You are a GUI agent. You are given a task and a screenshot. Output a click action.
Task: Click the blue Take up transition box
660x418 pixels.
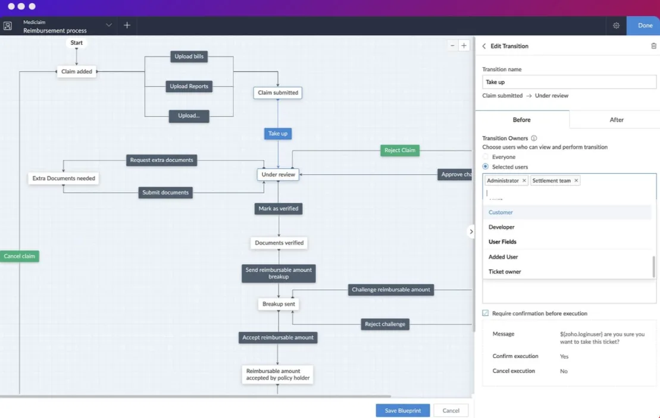pos(278,134)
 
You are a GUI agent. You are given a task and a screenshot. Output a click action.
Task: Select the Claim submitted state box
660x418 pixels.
pos(278,93)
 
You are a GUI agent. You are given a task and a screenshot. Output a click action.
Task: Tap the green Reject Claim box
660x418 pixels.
pos(400,150)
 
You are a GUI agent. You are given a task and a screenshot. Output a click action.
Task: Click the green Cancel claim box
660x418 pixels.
pos(20,256)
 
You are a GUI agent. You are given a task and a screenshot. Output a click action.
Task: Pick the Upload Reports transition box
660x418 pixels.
pos(189,86)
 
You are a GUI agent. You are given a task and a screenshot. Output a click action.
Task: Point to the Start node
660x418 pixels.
pos(77,42)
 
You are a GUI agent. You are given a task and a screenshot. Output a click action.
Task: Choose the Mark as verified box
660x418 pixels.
pos(279,209)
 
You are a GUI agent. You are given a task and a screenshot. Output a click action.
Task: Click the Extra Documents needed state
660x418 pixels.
pos(64,178)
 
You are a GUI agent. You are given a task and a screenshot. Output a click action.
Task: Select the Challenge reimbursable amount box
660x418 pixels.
pos(391,290)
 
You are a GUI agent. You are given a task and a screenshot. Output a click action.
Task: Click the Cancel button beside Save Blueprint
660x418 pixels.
pos(451,410)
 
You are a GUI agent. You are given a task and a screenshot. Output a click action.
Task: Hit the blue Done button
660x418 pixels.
pos(645,26)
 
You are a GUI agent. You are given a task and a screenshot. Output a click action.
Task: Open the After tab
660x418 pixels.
pos(616,120)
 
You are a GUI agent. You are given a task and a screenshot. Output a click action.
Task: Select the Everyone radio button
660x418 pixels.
pos(485,157)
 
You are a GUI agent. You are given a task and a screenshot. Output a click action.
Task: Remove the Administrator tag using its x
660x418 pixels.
pos(524,180)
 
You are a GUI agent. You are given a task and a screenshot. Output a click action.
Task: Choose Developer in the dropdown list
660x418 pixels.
pos(501,227)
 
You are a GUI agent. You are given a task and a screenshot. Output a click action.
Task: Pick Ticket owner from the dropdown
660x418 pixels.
pos(505,272)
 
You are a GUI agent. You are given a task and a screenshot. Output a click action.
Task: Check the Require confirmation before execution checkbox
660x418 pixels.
pos(485,313)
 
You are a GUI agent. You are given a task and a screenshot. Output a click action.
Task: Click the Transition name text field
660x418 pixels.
pos(569,82)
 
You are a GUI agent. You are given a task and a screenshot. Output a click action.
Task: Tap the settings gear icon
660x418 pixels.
pos(616,26)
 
